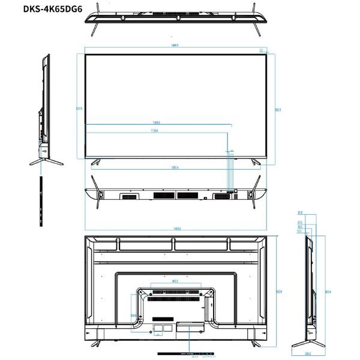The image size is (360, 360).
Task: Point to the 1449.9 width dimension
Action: pyautogui.click(x=175, y=46)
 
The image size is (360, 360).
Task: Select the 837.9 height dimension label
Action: pyautogui.click(x=79, y=109)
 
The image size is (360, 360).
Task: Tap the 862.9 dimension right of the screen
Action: pyautogui.click(x=278, y=110)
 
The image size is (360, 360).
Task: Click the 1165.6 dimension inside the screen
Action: pyautogui.click(x=157, y=122)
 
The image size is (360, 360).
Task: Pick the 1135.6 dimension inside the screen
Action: pyautogui.click(x=155, y=131)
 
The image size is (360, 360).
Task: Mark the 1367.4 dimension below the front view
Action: pyautogui.click(x=175, y=167)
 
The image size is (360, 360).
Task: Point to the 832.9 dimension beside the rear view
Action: pyautogui.click(x=279, y=292)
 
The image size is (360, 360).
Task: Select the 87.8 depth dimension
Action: pyautogui.click(x=300, y=212)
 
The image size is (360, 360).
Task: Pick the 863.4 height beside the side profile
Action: pyautogui.click(x=328, y=292)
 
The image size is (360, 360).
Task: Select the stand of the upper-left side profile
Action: pyautogui.click(x=46, y=160)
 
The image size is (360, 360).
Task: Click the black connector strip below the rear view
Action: pyautogui.click(x=186, y=352)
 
